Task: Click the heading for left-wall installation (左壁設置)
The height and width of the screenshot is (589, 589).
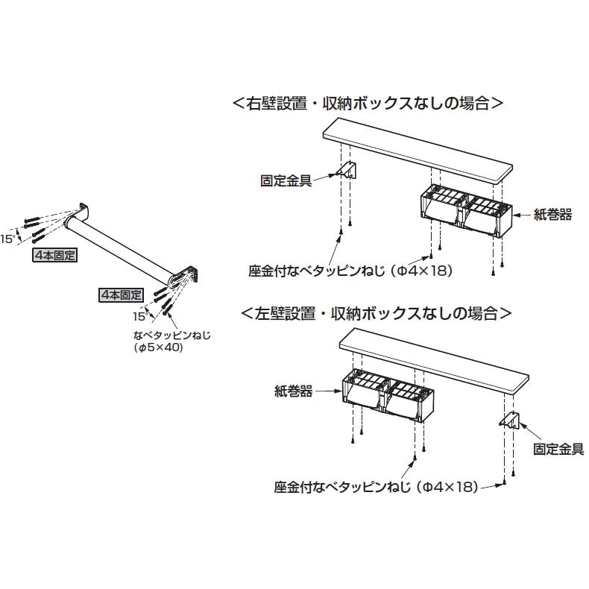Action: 376,312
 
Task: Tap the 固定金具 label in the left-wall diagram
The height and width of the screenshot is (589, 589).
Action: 560,449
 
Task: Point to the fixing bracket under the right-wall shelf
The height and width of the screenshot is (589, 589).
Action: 349,171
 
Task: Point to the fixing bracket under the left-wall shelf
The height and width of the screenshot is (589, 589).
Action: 511,421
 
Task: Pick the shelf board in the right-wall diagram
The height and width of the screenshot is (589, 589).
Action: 418,154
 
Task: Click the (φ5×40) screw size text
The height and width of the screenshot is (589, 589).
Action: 159,347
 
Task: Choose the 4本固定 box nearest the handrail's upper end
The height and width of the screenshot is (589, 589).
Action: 55,255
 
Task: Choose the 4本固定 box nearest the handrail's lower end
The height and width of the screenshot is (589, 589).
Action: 121,294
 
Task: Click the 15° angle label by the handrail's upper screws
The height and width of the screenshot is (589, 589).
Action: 7,239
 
